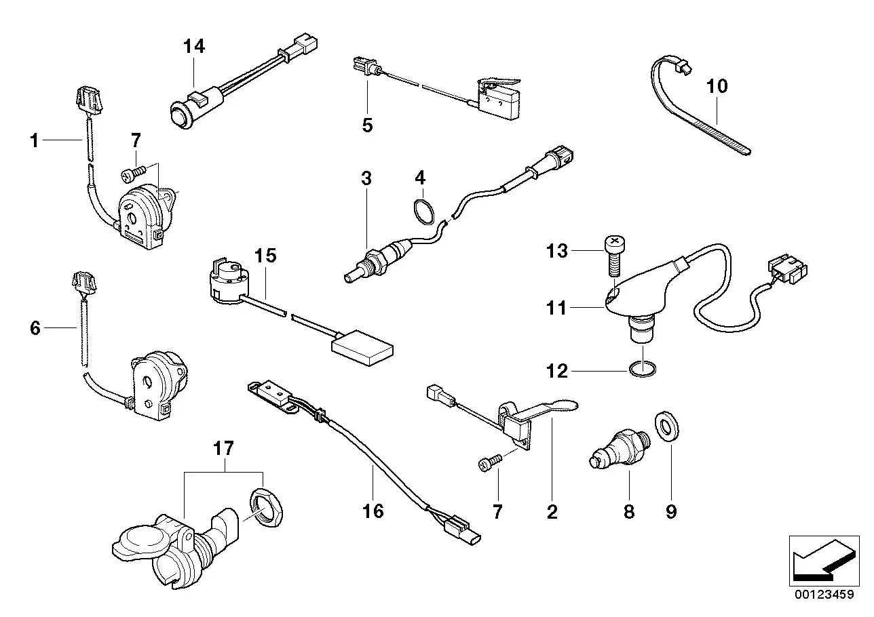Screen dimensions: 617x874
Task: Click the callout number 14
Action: coord(193,47)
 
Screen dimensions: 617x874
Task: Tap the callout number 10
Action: coord(717,86)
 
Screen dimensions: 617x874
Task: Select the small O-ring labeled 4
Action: coord(423,210)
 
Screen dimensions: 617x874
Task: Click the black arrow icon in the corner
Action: coord(818,559)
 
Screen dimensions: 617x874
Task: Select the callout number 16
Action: coord(373,511)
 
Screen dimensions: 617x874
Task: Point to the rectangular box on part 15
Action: coord(362,349)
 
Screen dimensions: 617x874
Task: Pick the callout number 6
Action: coord(35,329)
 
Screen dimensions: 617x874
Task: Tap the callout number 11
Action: coord(556,308)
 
